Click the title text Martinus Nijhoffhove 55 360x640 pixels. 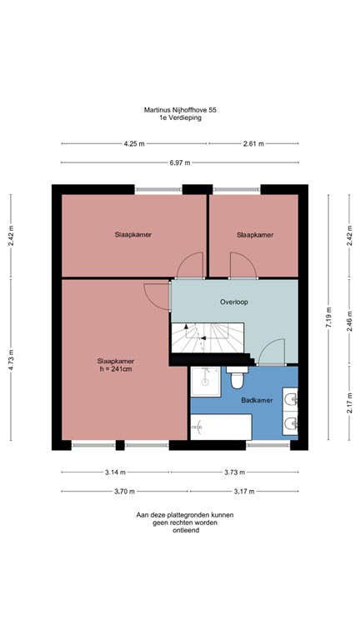click(180, 109)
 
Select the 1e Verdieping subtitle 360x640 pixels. click(180, 117)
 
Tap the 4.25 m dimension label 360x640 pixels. click(133, 143)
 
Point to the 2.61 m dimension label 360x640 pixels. click(253, 143)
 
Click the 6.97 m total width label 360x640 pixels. click(180, 162)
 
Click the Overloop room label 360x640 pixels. click(234, 302)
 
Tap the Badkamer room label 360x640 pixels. click(256, 401)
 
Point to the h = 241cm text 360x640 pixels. click(115, 369)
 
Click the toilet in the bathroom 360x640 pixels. click(237, 379)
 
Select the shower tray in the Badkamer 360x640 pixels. click(205, 381)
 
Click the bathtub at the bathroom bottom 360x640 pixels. click(221, 428)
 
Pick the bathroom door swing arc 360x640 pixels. click(272, 352)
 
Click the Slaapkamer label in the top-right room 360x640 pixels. click(254, 235)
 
